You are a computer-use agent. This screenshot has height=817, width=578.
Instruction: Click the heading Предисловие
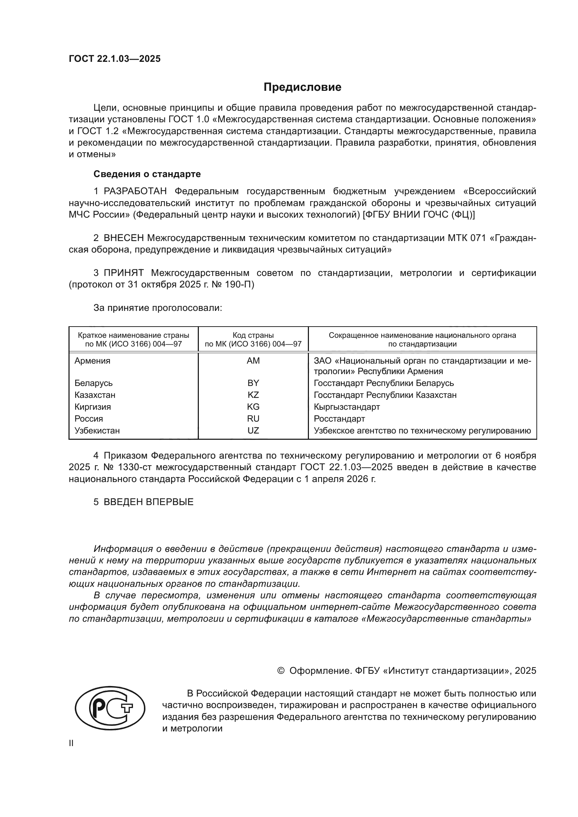302,87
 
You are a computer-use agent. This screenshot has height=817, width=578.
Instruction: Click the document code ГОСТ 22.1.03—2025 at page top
115,59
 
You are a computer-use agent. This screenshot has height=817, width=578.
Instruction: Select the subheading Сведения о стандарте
147,174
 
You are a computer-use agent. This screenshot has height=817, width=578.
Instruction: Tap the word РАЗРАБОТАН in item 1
135,191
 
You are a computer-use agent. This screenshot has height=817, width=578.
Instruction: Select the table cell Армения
93,361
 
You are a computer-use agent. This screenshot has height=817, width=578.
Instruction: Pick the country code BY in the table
253,383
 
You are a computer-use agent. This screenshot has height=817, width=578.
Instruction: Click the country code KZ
253,395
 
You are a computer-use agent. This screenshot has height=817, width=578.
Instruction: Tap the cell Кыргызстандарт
347,407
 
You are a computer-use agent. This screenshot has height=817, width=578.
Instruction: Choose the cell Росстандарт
339,419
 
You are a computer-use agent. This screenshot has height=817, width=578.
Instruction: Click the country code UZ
253,431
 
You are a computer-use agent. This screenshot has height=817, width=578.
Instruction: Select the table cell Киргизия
93,407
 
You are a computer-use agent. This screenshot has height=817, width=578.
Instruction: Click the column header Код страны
253,335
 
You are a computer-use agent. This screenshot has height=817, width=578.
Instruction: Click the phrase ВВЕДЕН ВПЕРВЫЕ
149,502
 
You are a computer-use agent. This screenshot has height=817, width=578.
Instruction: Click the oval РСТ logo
110,708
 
